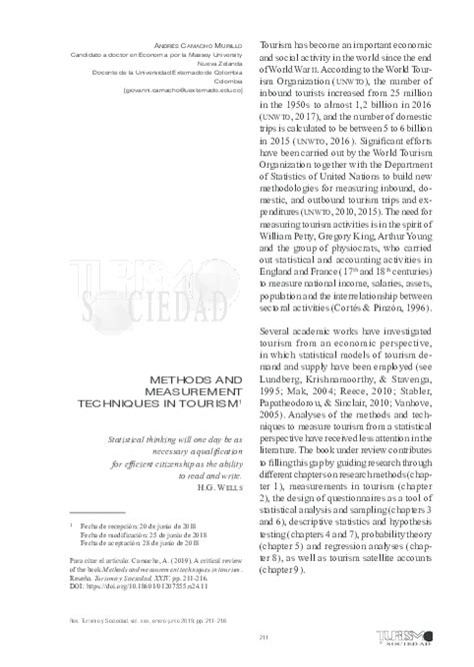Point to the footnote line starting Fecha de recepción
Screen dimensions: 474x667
tap(130, 550)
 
